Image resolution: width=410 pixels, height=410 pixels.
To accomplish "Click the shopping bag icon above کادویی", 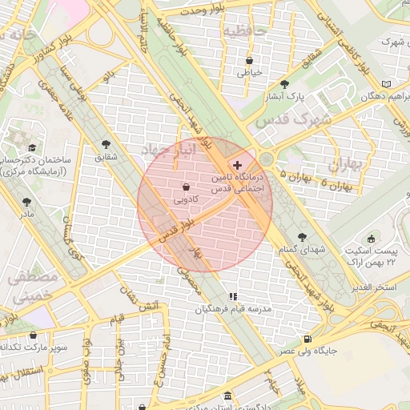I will click(186, 186).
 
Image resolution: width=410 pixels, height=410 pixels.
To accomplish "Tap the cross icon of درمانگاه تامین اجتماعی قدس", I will click(237, 164).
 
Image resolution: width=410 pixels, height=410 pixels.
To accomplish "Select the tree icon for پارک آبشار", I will click(284, 83).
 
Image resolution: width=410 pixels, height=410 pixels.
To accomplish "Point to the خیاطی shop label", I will click(249, 72).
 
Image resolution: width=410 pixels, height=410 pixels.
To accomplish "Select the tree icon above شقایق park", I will click(106, 144).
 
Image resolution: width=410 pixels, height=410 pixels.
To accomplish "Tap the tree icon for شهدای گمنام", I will click(302, 237).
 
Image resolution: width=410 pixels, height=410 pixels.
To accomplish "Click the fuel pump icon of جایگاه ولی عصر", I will click(308, 339).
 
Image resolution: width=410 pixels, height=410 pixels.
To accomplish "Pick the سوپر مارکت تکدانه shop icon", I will click(33, 336).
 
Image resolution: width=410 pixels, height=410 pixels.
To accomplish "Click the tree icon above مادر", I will click(27, 203).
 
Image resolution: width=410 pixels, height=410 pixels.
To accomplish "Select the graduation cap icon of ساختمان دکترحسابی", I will click(32, 147).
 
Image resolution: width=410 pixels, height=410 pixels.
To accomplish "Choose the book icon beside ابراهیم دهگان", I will click(387, 83).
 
